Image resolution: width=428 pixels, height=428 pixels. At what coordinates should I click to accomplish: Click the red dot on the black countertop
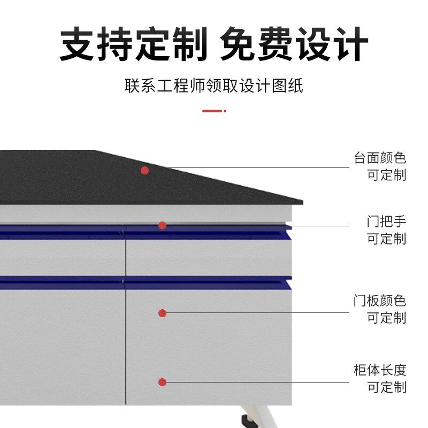point(144,170)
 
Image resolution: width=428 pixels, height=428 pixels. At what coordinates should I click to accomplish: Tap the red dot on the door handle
point(162,226)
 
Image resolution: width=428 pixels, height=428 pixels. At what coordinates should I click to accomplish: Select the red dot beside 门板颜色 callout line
point(162,313)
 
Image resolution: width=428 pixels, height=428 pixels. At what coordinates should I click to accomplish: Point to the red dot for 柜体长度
point(162,382)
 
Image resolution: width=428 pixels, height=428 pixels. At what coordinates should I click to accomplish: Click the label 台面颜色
point(380,158)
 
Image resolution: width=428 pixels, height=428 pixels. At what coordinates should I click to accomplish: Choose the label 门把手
point(386,221)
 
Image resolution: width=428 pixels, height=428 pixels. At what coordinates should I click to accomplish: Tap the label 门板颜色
point(380,301)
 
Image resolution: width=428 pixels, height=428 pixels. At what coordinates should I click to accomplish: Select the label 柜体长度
point(380,370)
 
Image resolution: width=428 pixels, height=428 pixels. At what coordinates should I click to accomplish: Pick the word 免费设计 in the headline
point(294,44)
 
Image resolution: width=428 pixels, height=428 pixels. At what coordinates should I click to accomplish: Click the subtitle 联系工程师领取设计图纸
point(214,86)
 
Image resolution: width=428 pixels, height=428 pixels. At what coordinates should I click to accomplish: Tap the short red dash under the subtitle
point(212,111)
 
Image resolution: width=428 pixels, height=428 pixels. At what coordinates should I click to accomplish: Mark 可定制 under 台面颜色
point(386,175)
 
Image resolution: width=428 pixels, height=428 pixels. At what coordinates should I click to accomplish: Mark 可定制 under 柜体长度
point(386,387)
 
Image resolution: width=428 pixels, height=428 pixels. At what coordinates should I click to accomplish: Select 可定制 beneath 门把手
point(386,239)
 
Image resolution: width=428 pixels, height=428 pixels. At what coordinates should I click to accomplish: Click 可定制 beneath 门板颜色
point(386,318)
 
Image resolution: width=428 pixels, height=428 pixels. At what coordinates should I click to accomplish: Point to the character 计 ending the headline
point(350,44)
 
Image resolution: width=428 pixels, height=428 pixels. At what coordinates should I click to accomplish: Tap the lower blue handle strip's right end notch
point(288,280)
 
